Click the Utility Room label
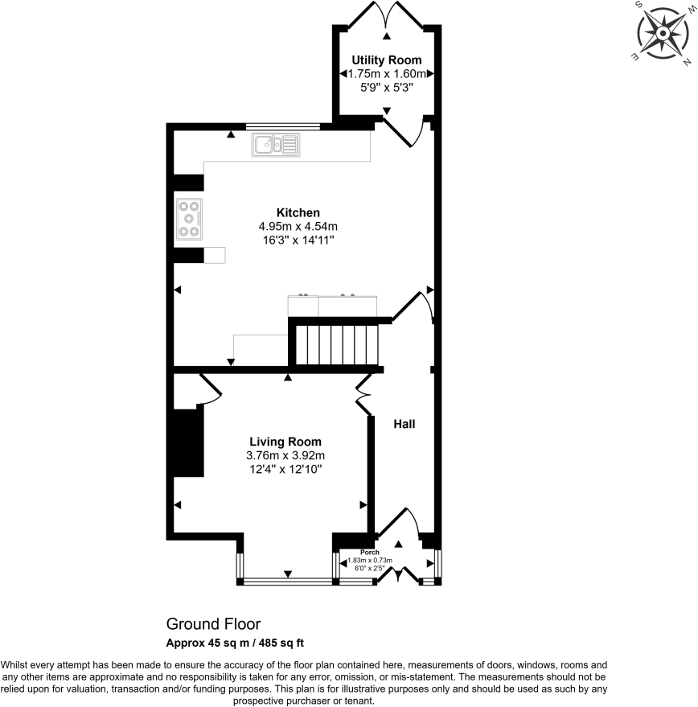point(386,60)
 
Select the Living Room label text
point(285,442)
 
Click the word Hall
point(404,423)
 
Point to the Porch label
point(369,552)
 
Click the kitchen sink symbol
point(275,145)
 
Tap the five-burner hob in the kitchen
point(189,218)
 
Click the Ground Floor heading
point(213,624)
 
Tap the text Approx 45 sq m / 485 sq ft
point(233,643)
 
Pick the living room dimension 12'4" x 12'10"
point(285,469)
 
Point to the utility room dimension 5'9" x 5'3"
point(385,87)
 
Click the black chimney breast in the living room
point(189,443)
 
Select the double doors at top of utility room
point(388,16)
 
